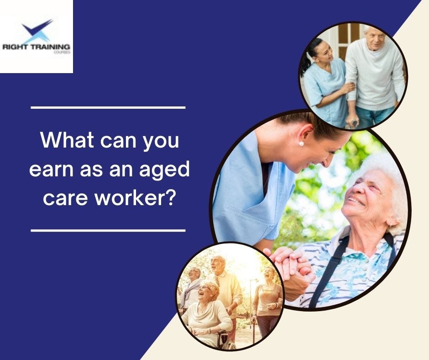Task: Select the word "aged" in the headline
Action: point(167,170)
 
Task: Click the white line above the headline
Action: point(108,107)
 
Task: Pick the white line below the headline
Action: point(108,230)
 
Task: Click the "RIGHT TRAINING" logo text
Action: point(36,47)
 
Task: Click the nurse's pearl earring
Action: point(301,143)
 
